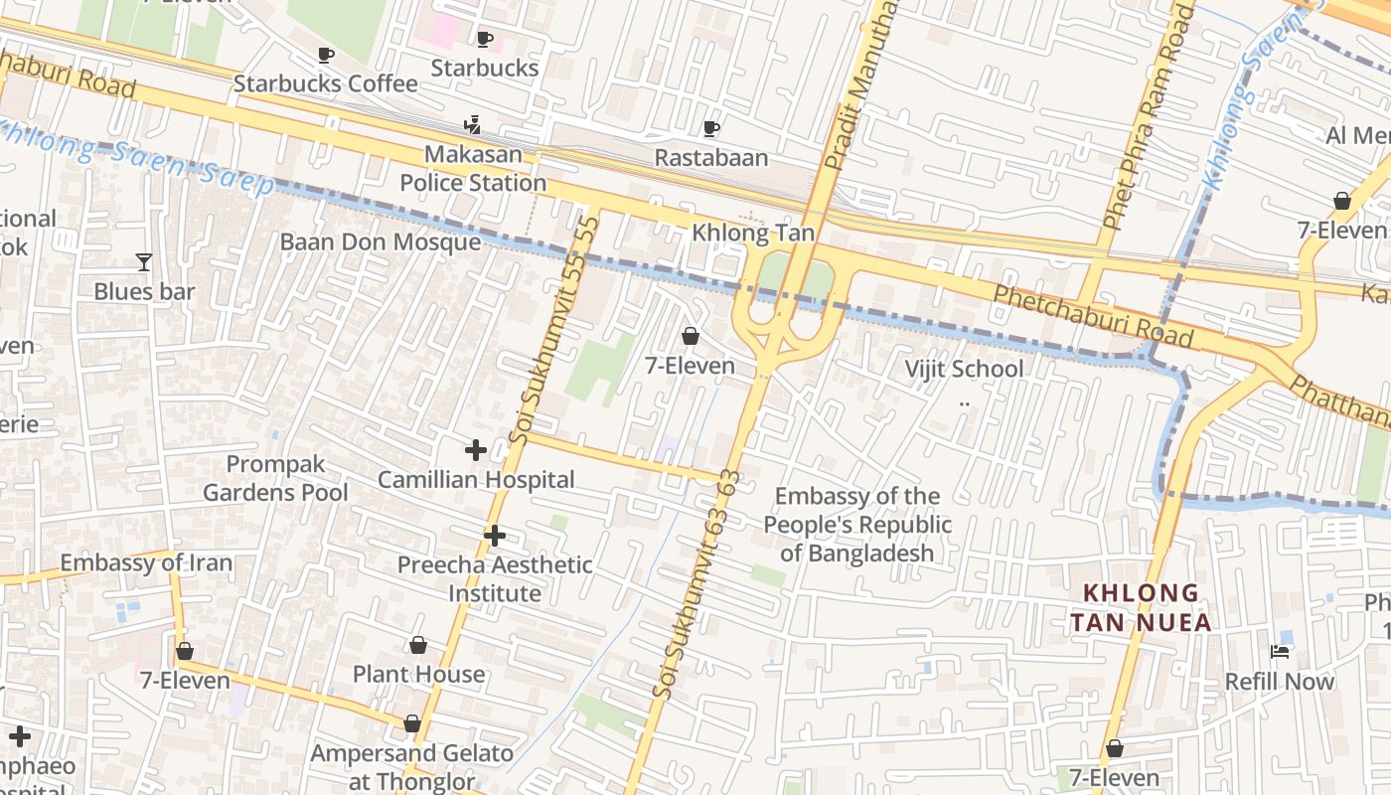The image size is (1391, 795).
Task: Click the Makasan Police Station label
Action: click(473, 169)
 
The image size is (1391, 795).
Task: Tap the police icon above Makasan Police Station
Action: click(473, 125)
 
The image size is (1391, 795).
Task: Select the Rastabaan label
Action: click(711, 158)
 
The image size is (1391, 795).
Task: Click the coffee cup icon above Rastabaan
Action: click(711, 128)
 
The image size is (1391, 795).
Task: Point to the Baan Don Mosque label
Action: click(381, 242)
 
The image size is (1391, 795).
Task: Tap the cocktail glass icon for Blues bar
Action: click(144, 262)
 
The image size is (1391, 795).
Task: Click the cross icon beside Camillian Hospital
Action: click(476, 450)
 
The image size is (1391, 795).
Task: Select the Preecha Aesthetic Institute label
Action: click(495, 578)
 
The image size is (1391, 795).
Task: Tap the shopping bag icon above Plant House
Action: click(418, 646)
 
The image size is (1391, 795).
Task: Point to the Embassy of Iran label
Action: click(146, 563)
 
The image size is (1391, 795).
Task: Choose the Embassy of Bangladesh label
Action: click(857, 525)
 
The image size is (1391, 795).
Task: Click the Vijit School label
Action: click(963, 370)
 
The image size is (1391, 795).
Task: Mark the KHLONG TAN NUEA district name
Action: click(1141, 608)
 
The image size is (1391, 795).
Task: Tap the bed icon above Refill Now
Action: click(1280, 652)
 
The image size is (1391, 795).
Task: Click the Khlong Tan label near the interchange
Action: click(753, 234)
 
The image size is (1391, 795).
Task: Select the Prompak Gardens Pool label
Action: click(275, 478)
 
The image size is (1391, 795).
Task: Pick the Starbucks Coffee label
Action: click(325, 83)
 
